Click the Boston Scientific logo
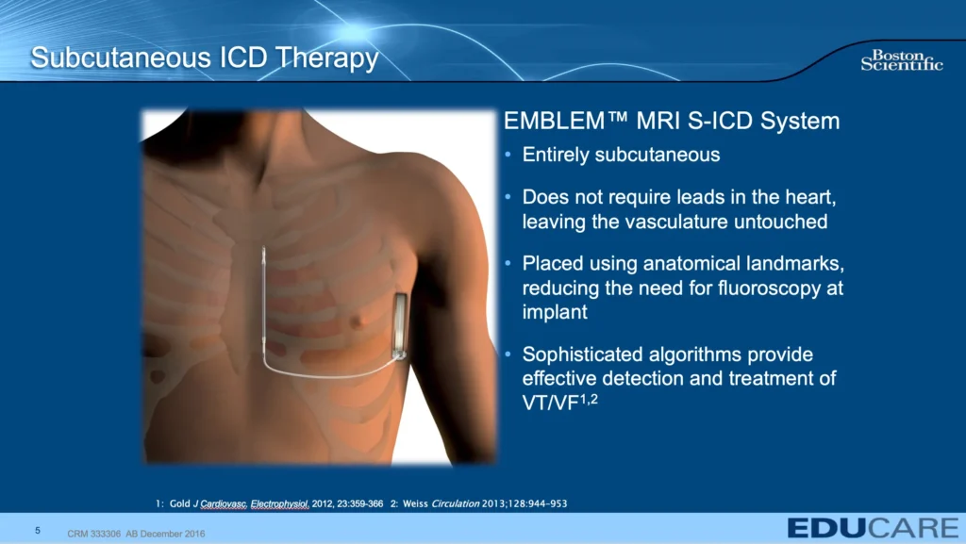(901, 60)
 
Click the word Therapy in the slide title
(326, 59)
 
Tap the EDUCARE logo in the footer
(873, 528)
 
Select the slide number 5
(38, 531)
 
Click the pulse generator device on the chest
(400, 326)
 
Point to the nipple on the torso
(356, 321)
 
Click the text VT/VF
(550, 404)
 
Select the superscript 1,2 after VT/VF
(589, 399)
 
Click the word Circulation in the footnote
(456, 503)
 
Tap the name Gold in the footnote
(180, 503)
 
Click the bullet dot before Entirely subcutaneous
(508, 155)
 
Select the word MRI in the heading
(658, 121)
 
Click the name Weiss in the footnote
(415, 503)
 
